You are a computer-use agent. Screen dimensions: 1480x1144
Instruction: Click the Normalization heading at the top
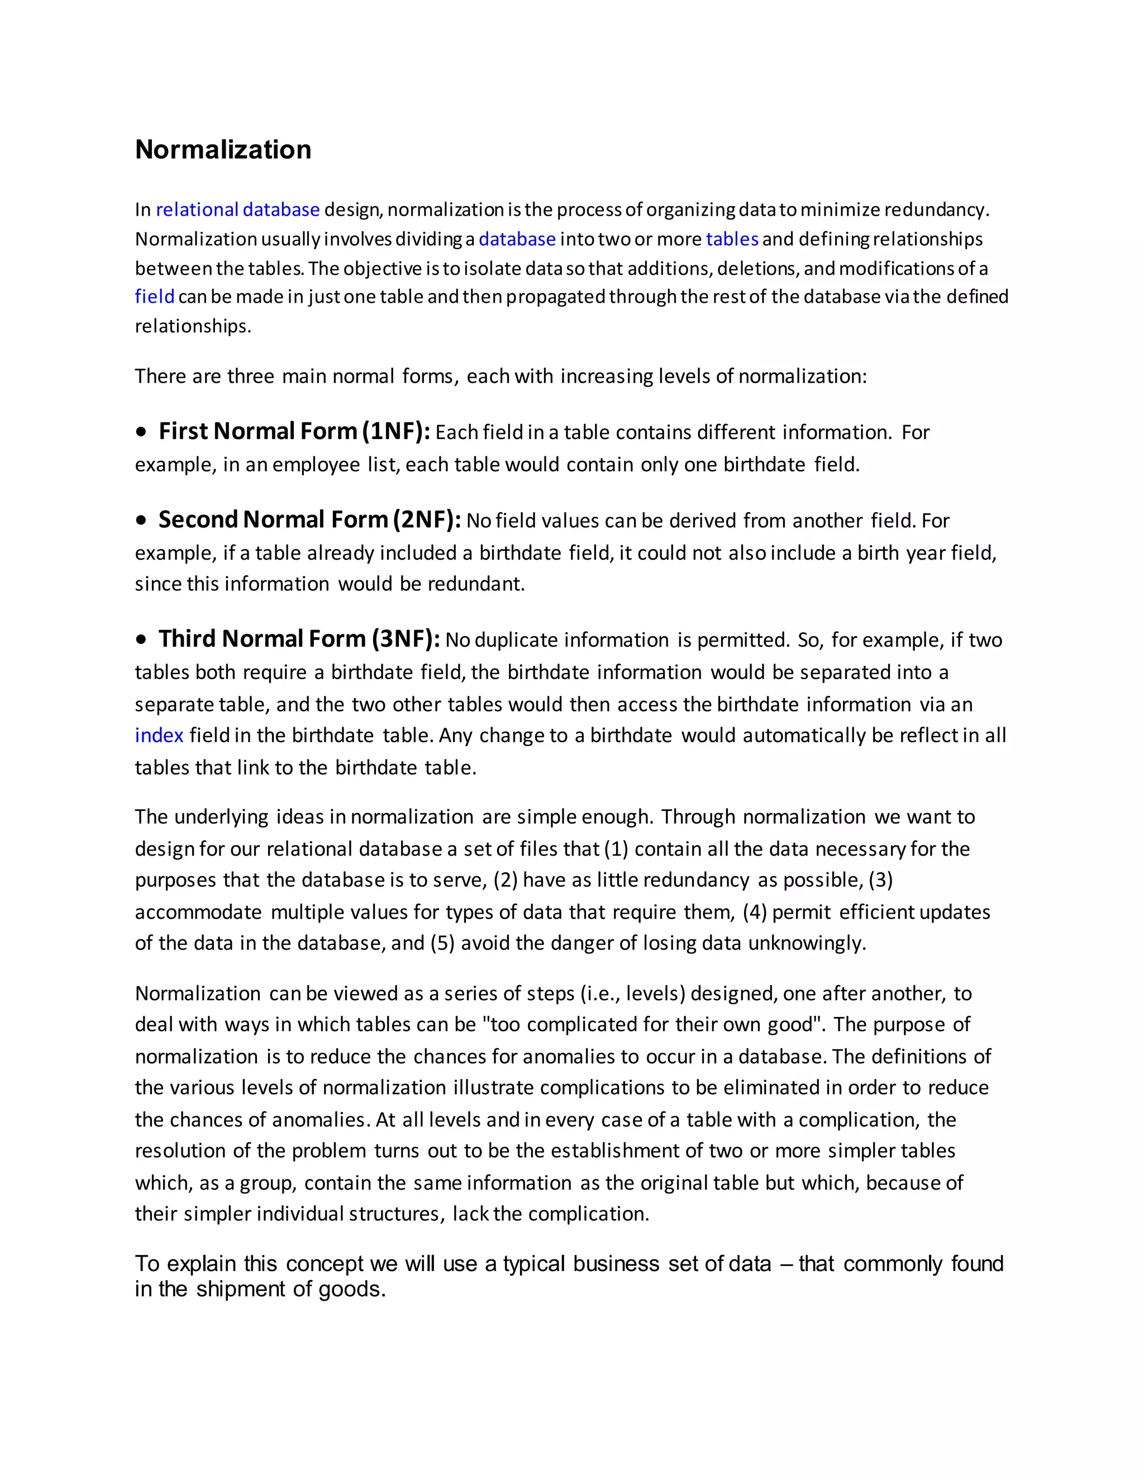pos(223,149)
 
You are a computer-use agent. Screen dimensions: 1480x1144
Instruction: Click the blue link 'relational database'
pos(237,209)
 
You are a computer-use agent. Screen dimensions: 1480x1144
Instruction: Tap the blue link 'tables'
pos(732,239)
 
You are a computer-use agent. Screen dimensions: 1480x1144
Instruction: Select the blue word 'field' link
pos(155,297)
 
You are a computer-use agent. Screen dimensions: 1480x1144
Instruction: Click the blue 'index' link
pos(159,736)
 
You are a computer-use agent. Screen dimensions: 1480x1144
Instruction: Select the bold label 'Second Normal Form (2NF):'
pos(309,520)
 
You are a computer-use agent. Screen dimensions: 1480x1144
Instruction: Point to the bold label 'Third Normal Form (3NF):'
pos(299,639)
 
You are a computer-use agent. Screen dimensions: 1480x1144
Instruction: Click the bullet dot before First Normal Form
pos(141,432)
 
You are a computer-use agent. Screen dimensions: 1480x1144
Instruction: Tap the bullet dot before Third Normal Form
pos(141,639)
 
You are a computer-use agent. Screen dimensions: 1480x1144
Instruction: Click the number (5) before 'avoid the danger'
pos(442,943)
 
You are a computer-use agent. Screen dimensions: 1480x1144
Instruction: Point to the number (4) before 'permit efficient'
pos(754,911)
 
